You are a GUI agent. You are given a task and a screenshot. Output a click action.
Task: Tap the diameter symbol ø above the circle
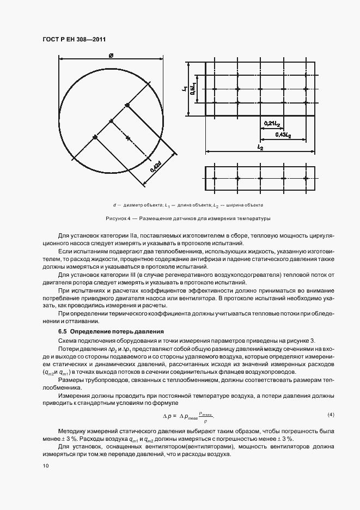pyautogui.click(x=111, y=54)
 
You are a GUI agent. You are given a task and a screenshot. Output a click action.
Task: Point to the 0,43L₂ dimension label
pyautogui.click(x=283, y=134)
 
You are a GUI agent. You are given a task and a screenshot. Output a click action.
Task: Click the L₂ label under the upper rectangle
pyautogui.click(x=260, y=148)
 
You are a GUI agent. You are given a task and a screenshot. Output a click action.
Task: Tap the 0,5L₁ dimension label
pyautogui.click(x=193, y=89)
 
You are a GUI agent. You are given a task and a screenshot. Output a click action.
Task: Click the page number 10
pyautogui.click(x=45, y=465)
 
